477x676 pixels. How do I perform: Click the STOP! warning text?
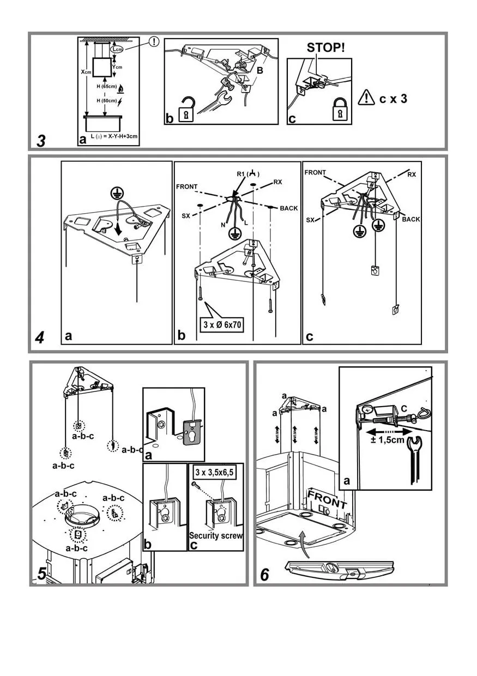pyautogui.click(x=325, y=47)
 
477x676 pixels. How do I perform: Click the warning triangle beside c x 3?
pyautogui.click(x=366, y=99)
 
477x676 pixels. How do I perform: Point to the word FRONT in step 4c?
pyautogui.click(x=315, y=173)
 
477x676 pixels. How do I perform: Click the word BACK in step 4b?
pyautogui.click(x=289, y=209)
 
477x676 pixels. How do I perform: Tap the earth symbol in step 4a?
pyautogui.click(x=116, y=192)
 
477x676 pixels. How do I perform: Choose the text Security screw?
pyautogui.click(x=216, y=535)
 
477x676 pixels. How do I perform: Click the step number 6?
pyautogui.click(x=265, y=575)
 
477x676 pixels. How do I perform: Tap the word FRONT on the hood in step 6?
pyautogui.click(x=327, y=499)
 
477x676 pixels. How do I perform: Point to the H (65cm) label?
pyautogui.click(x=106, y=87)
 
